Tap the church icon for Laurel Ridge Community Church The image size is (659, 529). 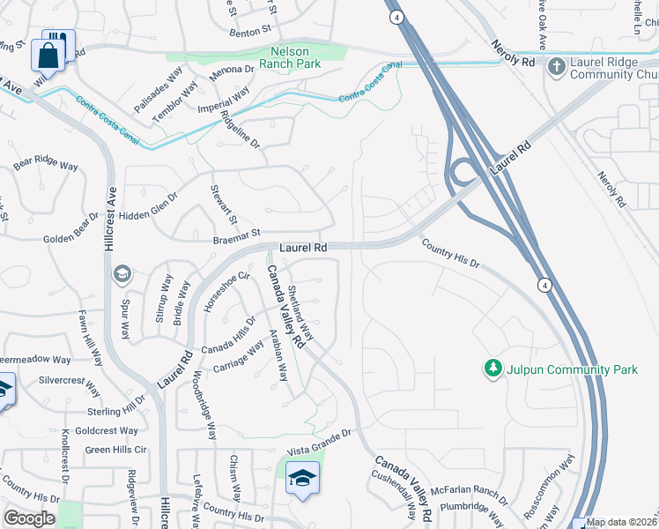tap(557, 66)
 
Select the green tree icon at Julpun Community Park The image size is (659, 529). tap(492, 369)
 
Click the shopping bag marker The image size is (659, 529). tap(48, 55)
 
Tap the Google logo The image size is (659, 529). tap(29, 518)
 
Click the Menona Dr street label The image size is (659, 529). tap(232, 69)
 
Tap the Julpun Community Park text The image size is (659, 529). tap(572, 369)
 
